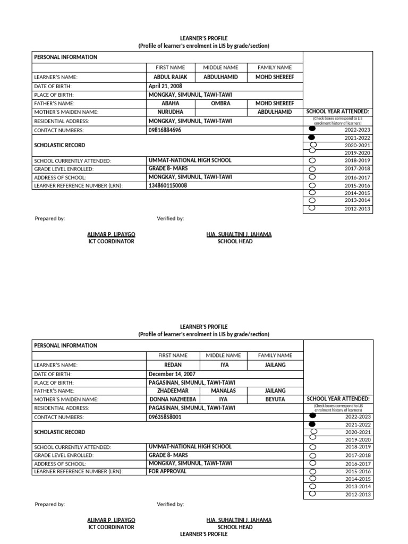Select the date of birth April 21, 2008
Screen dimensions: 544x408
click(165, 86)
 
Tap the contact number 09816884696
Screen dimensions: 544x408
click(165, 130)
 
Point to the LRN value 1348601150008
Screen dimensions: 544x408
click(168, 186)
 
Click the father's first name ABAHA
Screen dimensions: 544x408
click(171, 103)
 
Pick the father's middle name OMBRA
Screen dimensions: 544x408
click(221, 103)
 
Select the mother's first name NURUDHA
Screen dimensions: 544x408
click(171, 112)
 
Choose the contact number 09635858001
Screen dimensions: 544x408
click(165, 418)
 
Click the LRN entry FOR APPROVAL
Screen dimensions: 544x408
click(167, 471)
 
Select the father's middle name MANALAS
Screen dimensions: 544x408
click(223, 390)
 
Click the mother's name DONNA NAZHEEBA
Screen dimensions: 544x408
click(173, 399)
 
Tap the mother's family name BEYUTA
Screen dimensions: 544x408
click(275, 399)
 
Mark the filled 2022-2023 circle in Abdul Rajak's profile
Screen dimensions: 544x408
click(312, 129)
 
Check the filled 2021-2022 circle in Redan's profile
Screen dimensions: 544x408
click(312, 424)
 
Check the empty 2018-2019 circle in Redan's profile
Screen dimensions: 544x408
click(312, 447)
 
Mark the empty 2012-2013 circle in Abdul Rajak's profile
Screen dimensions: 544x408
click(312, 208)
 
